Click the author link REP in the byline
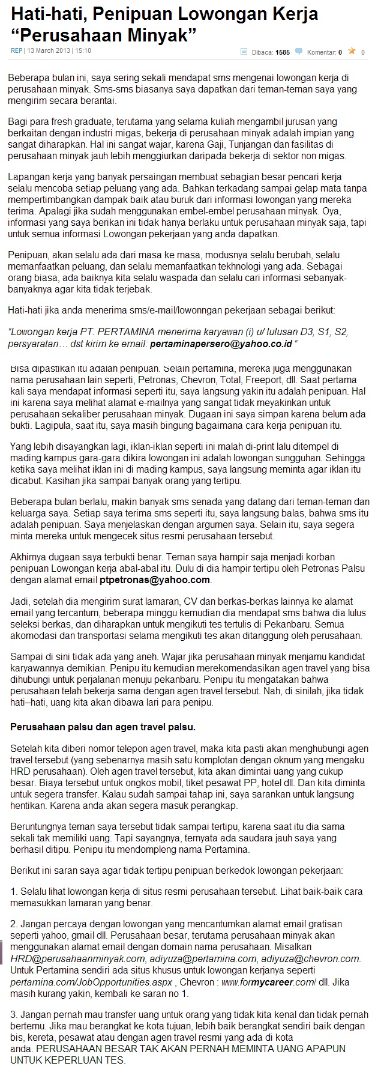16,51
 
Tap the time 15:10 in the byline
83,51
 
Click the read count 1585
282,52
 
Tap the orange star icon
352,52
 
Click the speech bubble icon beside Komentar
299,52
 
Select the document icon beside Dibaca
244,52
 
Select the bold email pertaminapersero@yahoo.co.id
220,344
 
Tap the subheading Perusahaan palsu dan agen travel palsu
103,727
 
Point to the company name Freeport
278,380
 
